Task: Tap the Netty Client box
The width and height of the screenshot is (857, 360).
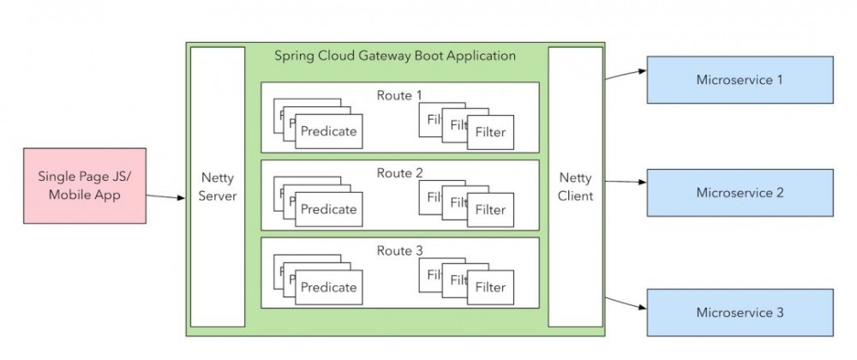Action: tap(575, 187)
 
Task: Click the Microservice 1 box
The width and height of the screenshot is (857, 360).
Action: tap(740, 80)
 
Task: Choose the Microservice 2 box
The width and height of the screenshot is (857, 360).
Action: tap(740, 193)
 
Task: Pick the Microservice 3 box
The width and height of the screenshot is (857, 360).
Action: tap(740, 312)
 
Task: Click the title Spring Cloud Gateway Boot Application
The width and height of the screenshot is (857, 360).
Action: tap(395, 56)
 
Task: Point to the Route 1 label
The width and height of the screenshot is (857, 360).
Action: tap(399, 94)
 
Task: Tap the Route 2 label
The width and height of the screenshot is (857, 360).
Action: tap(399, 172)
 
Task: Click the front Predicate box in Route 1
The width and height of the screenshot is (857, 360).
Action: tap(328, 132)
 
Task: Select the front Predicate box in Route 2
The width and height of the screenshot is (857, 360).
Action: tap(328, 209)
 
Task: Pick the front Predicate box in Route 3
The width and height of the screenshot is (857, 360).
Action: tap(328, 287)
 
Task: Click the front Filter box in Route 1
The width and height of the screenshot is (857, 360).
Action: tap(490, 132)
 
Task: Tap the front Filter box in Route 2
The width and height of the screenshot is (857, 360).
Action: tap(490, 209)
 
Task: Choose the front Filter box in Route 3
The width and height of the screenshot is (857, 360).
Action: tap(490, 287)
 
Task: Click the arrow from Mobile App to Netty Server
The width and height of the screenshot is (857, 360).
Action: tap(165, 196)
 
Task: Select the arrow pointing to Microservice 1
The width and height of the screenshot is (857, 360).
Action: tap(626, 75)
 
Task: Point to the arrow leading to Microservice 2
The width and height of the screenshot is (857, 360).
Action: tap(626, 182)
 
